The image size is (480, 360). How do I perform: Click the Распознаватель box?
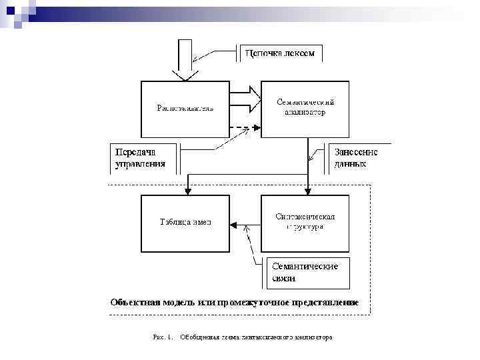coord(185,109)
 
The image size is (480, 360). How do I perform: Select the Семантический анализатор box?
coord(305,108)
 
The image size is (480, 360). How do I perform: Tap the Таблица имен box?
coord(185,223)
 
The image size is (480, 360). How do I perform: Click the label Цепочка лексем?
coord(280,53)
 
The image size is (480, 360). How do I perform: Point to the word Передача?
coord(136,151)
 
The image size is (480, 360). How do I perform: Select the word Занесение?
coord(356,151)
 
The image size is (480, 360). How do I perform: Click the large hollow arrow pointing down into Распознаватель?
coord(185,63)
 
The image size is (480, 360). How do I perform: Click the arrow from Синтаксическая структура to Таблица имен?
coord(245,222)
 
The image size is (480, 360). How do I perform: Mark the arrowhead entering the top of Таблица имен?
coord(189,191)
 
